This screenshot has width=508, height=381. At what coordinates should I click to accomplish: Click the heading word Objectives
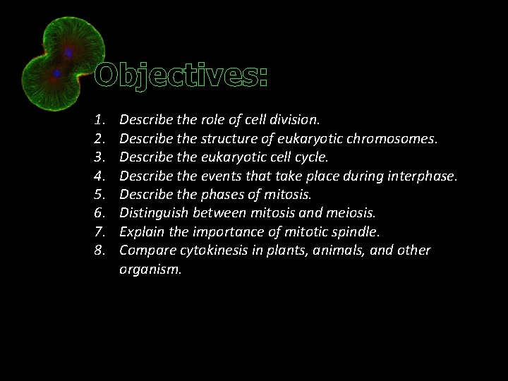(x=181, y=75)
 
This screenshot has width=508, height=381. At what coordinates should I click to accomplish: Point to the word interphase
(x=421, y=176)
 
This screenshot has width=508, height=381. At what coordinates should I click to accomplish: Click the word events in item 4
(x=224, y=176)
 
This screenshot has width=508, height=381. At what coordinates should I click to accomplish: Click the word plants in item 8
(x=282, y=250)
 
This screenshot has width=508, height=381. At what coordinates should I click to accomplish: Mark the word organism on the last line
(x=150, y=269)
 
